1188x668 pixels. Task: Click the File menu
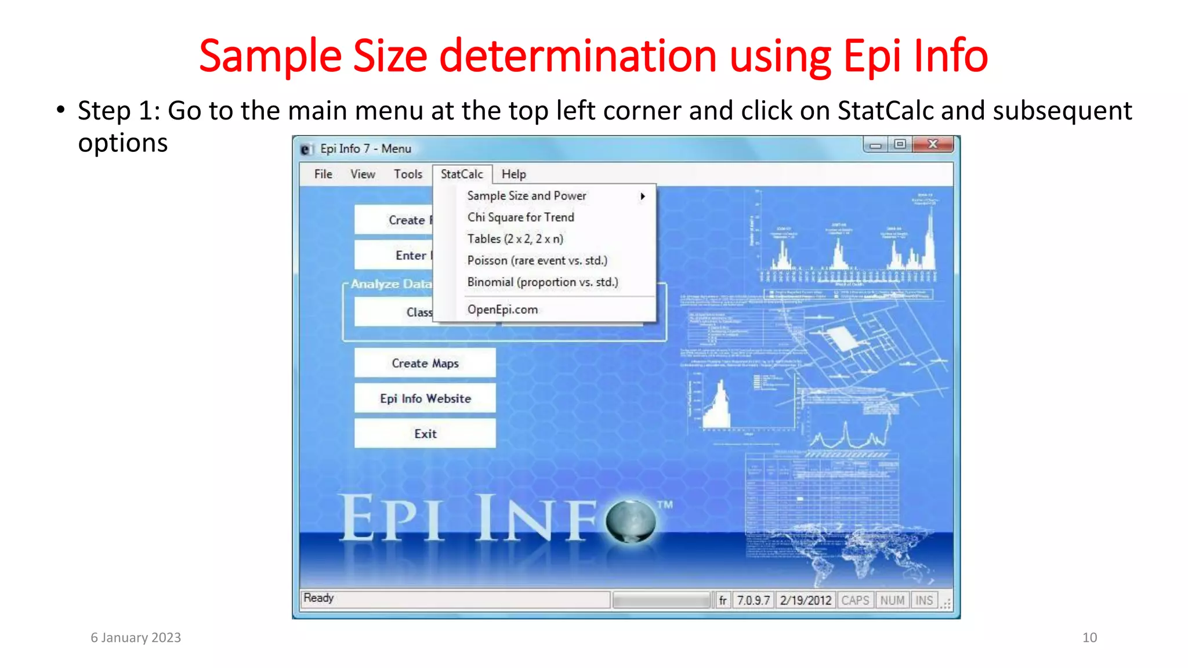[x=323, y=174]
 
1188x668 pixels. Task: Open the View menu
[x=363, y=174]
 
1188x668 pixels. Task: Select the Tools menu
[x=408, y=174]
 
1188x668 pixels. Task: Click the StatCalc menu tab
[x=462, y=174]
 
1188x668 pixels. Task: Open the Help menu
[x=513, y=174]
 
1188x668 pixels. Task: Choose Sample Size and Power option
[x=527, y=196]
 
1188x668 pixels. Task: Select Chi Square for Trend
[x=520, y=217]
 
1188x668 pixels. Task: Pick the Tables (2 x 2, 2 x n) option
[x=515, y=239]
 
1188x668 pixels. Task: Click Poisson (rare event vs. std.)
[x=537, y=260]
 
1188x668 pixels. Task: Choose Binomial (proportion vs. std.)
[x=542, y=282]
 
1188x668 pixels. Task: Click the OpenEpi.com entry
[x=502, y=310]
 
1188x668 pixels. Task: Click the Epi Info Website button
[x=425, y=398]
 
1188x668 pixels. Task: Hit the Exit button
[x=425, y=434]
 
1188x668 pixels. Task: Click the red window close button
[x=933, y=144]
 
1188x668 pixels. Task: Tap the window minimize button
[x=875, y=144]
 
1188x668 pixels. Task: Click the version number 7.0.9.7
[x=753, y=600]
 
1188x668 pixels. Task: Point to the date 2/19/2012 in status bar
[x=806, y=600]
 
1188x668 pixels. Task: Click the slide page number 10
[x=1089, y=637]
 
